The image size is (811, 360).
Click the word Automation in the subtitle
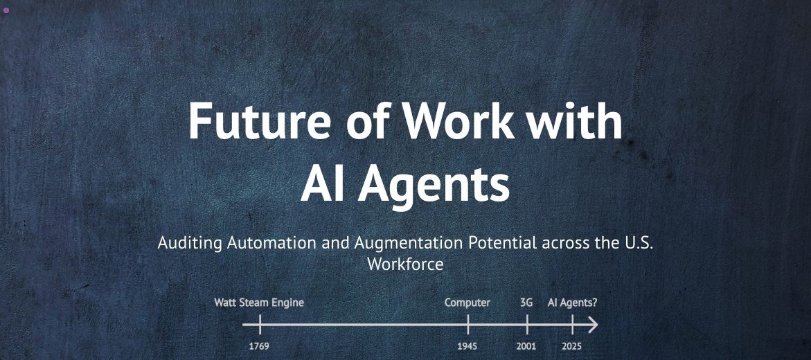(272, 242)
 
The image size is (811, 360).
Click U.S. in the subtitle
(639, 242)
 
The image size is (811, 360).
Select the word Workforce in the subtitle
(406, 264)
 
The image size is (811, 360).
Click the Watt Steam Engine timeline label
(259, 303)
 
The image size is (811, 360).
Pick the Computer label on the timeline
(467, 303)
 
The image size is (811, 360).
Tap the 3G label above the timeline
(526, 303)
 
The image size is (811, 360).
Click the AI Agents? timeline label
(573, 303)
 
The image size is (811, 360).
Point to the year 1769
(259, 346)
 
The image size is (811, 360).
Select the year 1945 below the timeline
(467, 346)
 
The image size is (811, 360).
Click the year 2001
(526, 346)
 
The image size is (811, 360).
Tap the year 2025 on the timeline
(572, 346)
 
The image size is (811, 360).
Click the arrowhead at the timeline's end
(594, 325)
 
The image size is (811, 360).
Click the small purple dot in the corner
(6, 10)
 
